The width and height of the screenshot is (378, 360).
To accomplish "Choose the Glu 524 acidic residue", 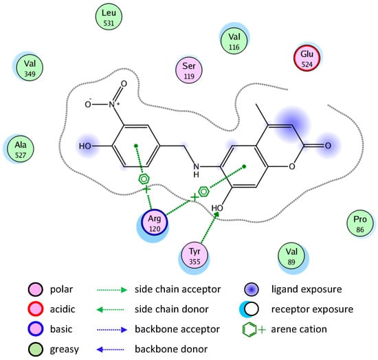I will pos(307,58).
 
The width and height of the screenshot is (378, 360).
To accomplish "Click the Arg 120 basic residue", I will pos(155,223).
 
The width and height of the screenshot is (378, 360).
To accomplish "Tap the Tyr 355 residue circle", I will pos(195,255).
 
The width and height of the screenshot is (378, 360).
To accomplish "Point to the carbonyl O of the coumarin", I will pos(329,146).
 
